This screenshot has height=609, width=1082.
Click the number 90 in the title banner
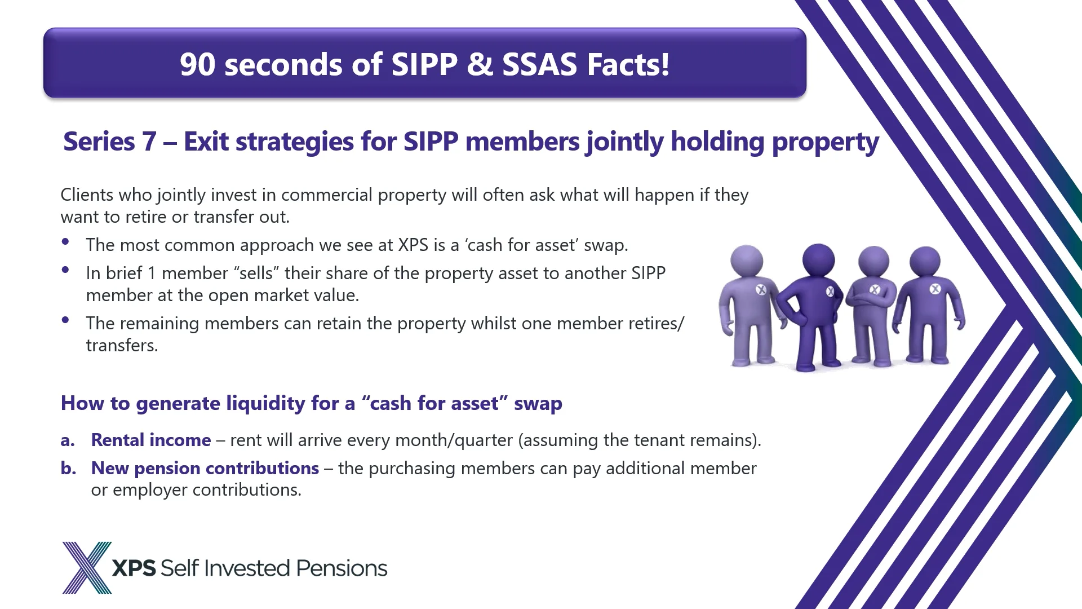197,64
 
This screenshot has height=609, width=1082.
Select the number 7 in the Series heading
149,142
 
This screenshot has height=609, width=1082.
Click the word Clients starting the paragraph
87,195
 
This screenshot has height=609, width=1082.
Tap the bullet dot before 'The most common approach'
66,242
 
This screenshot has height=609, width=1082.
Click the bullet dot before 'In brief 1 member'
66,270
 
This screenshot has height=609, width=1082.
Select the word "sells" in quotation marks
256,273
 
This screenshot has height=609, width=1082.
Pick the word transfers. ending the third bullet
122,345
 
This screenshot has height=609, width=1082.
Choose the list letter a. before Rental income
68,440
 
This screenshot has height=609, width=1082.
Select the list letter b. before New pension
68,469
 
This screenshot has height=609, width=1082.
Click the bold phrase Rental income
151,440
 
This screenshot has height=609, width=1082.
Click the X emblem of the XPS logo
86,567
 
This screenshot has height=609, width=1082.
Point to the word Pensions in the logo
342,568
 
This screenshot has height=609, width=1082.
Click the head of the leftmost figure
747,261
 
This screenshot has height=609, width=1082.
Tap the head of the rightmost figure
925,261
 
